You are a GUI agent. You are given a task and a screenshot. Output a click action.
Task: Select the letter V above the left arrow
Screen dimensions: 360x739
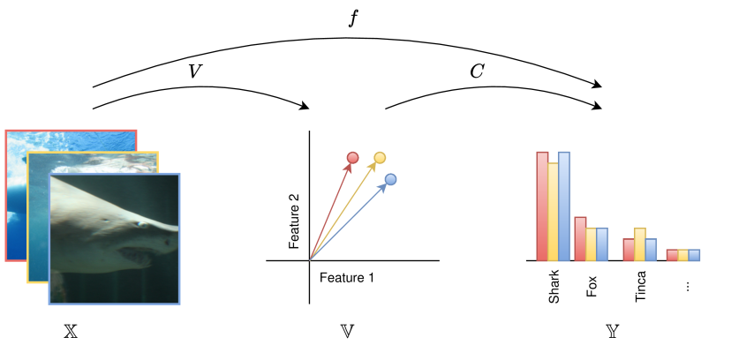[196, 71]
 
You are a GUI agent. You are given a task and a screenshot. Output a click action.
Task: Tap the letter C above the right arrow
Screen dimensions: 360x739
[477, 71]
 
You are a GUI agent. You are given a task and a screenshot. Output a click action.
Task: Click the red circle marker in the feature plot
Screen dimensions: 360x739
[352, 158]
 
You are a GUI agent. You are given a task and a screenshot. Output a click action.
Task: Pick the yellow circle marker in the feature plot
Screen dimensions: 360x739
[380, 158]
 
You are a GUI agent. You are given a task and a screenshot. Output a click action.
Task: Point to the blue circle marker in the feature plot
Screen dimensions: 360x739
[390, 180]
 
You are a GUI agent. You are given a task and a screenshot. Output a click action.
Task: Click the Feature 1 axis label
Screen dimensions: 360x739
[346, 278]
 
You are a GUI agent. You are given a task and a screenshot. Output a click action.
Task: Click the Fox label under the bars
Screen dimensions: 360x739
[592, 285]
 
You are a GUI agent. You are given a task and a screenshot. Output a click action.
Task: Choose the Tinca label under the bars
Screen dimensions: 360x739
[640, 287]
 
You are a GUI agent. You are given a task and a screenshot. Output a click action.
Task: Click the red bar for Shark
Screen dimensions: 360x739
[543, 206]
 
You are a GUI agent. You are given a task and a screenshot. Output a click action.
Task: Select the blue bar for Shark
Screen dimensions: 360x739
[564, 206]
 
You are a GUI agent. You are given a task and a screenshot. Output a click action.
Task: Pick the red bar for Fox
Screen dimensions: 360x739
[581, 238]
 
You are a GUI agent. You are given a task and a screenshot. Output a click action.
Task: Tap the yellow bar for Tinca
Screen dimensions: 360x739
[640, 244]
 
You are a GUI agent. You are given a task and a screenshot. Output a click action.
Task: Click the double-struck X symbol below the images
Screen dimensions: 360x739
[72, 333]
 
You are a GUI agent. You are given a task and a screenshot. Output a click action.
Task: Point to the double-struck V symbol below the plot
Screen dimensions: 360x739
[348, 333]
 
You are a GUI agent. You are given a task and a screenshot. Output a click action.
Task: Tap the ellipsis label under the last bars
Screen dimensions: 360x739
[686, 285]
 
